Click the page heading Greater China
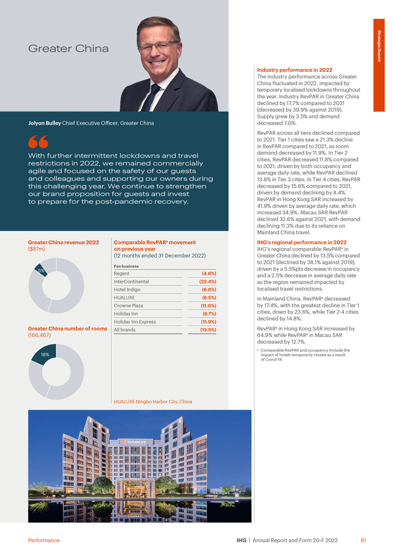pyautogui.click(x=68, y=49)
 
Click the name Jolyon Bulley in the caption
pyautogui.click(x=44, y=123)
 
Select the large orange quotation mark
pyautogui.click(x=38, y=143)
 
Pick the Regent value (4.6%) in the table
pyautogui.click(x=208, y=274)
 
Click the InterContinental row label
pyautogui.click(x=132, y=282)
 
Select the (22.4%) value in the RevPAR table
pyautogui.click(x=207, y=282)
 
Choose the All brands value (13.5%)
pyautogui.click(x=207, y=330)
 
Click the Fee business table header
pyautogui.click(x=126, y=266)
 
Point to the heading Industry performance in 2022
pyautogui.click(x=295, y=70)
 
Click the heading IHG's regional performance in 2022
pyautogui.click(x=302, y=242)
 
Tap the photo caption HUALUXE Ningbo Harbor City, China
pyautogui.click(x=153, y=402)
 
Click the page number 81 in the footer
pyautogui.click(x=363, y=540)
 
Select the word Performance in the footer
pyautogui.click(x=44, y=540)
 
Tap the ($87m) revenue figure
pyautogui.click(x=36, y=249)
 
